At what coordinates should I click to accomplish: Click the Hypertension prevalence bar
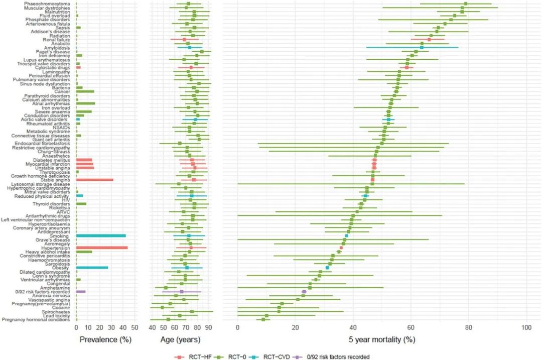pos(101,248)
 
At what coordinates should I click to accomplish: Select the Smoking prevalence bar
pos(100,235)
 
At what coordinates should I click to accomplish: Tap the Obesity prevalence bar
pos(92,268)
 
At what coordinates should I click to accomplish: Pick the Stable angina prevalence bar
pos(94,180)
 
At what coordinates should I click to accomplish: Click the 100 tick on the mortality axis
pos(526,327)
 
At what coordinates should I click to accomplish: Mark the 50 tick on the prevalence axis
pos(134,327)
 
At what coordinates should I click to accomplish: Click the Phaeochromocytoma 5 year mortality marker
pos(466,4)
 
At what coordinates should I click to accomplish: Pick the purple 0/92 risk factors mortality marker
pos(304,291)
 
